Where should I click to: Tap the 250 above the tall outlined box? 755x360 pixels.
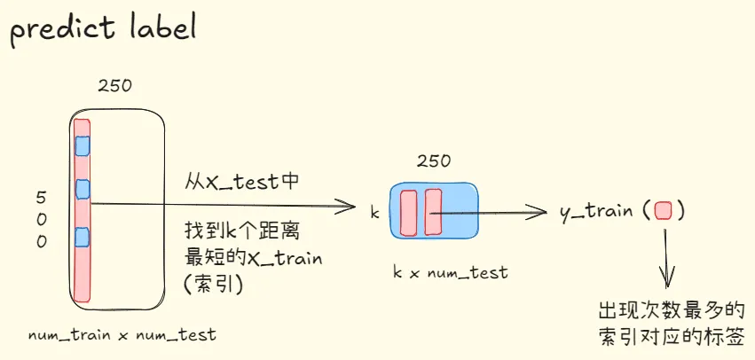coord(114,86)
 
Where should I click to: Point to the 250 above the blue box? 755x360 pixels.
coord(433,161)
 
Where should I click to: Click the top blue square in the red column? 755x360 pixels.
coord(83,145)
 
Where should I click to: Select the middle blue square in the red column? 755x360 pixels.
coord(83,188)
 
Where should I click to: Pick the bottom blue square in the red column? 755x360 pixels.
coord(83,237)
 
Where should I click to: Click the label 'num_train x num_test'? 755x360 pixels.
coord(122,335)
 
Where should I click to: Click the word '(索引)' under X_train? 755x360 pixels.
coord(214,284)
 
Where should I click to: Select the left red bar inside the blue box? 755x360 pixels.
coord(409,212)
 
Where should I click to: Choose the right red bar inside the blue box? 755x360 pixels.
coord(433,212)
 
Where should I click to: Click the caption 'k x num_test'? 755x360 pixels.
coord(451,272)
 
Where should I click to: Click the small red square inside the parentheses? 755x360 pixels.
coord(663,211)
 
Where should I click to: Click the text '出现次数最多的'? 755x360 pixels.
coord(672,311)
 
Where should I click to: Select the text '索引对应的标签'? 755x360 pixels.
coord(672,337)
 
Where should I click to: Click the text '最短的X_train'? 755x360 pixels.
coord(253,259)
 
